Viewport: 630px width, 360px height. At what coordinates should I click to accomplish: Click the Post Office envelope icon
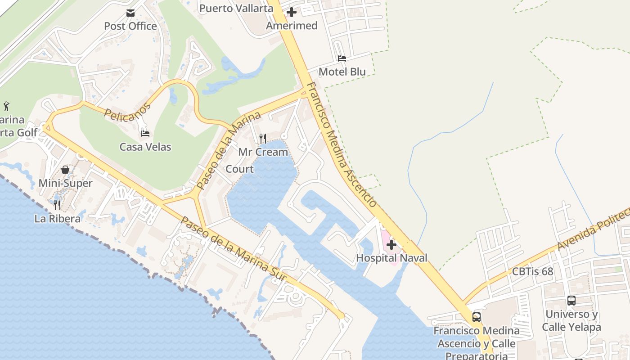click(x=130, y=13)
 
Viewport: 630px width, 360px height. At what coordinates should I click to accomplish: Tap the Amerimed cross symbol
click(x=292, y=12)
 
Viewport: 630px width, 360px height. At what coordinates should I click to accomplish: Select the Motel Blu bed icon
click(x=342, y=58)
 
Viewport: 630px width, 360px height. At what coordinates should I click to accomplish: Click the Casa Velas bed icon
click(x=145, y=133)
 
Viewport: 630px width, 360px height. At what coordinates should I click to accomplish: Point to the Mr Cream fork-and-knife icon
click(x=263, y=138)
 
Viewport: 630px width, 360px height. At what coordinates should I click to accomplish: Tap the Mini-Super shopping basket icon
click(x=65, y=170)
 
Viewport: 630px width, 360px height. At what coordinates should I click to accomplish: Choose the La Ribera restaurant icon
click(x=57, y=205)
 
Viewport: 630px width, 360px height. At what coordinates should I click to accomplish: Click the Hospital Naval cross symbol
click(x=391, y=245)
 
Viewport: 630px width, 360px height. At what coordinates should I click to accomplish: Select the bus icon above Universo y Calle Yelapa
click(x=571, y=301)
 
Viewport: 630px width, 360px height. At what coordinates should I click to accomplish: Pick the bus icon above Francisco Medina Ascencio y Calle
click(x=477, y=317)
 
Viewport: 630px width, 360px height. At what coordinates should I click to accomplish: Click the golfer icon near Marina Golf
click(x=6, y=107)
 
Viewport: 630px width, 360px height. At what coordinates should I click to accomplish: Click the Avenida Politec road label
click(x=593, y=229)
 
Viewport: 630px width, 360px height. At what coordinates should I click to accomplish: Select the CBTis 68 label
click(x=532, y=272)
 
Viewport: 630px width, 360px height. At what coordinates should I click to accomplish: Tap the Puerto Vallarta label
click(x=236, y=8)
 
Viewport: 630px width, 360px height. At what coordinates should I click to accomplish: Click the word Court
click(x=239, y=169)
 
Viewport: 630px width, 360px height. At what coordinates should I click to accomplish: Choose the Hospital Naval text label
click(x=391, y=258)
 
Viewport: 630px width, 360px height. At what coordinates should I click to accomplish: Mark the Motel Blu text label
click(x=342, y=72)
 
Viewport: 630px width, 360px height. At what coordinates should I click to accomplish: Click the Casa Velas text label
click(x=145, y=147)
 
